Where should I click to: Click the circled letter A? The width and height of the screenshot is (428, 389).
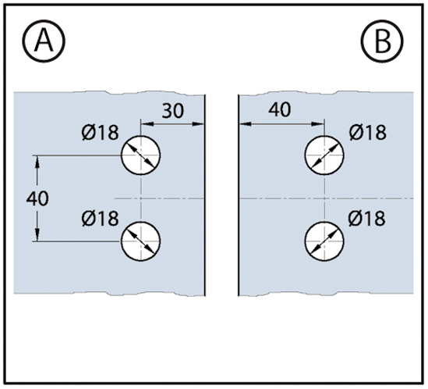[x=44, y=41]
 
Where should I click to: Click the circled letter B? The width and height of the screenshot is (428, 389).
[x=382, y=41]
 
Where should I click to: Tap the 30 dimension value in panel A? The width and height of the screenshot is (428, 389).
[x=173, y=111]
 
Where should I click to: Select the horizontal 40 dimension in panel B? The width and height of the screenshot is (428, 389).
[x=280, y=109]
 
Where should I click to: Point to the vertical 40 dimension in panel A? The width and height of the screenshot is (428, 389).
[x=37, y=198]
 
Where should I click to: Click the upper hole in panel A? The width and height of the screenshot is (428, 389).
[x=141, y=155]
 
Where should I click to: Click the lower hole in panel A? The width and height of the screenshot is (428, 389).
[x=141, y=241]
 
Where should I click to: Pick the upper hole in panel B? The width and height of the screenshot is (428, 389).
[x=324, y=155]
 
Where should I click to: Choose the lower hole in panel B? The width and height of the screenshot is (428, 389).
[x=324, y=241]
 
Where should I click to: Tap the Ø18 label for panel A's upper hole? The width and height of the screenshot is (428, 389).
[x=100, y=133]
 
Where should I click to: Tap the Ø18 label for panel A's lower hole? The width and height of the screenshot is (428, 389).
[x=100, y=219]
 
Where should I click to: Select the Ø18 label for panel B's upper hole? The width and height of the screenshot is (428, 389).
[x=368, y=133]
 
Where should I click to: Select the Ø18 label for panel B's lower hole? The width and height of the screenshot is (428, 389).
[x=367, y=219]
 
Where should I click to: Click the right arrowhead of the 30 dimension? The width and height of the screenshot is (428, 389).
[x=199, y=124]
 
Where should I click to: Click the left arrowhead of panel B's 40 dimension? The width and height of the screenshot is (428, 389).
[x=245, y=124]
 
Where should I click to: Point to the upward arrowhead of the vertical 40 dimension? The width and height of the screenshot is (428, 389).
[x=37, y=162]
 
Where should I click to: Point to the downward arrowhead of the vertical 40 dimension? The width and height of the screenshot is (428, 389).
[x=37, y=235]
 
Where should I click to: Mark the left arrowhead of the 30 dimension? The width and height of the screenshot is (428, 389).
[x=147, y=124]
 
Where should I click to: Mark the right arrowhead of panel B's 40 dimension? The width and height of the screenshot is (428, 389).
[x=318, y=124]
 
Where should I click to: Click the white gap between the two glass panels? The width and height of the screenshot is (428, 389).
[x=221, y=195]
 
